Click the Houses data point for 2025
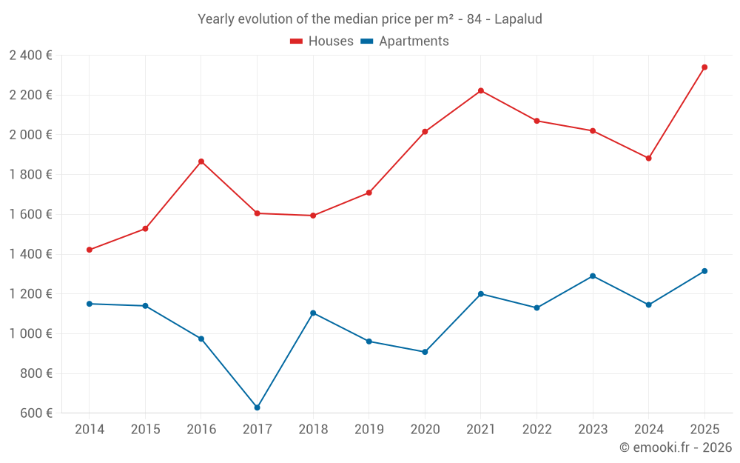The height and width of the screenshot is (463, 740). coord(704,67)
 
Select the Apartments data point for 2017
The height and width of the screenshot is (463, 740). coord(257,407)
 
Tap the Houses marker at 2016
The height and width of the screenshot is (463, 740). coord(201,161)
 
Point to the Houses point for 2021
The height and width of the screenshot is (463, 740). coord(481,91)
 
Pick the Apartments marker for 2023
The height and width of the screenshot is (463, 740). coord(593,276)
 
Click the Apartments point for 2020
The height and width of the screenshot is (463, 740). coord(425,352)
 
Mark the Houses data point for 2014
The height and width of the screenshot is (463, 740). coord(90,250)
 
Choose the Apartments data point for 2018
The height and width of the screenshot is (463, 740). coord(313,313)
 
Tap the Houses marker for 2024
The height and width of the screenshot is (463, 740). coord(648,159)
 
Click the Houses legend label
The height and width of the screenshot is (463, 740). coord(331,41)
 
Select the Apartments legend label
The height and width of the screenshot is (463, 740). coord(414,41)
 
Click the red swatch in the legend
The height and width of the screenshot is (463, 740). coord(297,41)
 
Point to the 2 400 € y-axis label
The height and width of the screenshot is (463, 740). coord(30,56)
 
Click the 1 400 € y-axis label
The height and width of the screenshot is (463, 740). coord(30,254)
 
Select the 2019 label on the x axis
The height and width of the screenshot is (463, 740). coord(369,430)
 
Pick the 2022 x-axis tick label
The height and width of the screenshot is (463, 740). coord(536,430)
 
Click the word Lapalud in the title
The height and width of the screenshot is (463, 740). coord(518,19)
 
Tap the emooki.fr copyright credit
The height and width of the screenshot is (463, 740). coord(676,447)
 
